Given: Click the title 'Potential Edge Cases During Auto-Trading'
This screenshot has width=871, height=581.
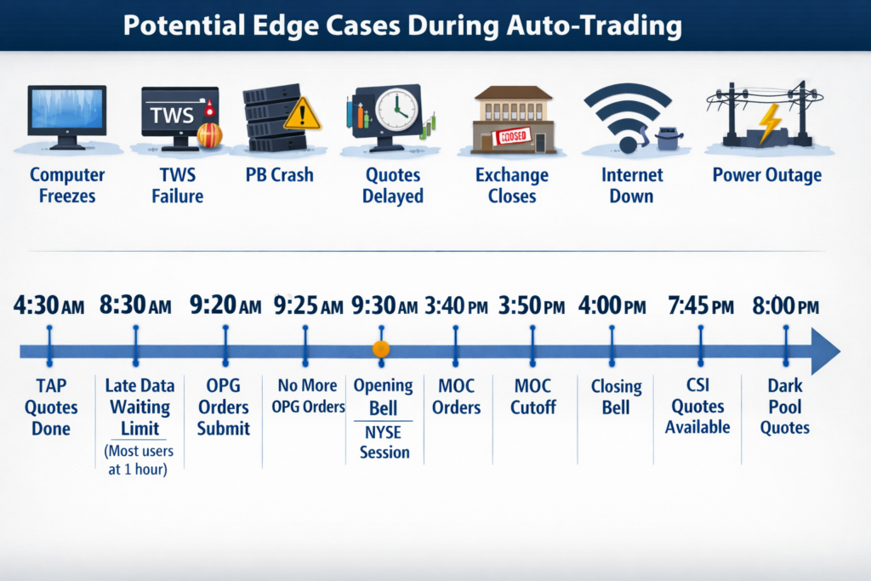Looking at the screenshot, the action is tap(402, 26).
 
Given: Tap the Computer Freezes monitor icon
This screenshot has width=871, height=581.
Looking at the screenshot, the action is tap(67, 117).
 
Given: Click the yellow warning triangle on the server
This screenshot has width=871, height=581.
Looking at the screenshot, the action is tap(302, 114).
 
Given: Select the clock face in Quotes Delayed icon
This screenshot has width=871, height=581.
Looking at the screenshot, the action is tap(396, 110).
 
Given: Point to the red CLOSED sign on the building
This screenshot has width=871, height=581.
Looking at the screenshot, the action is tap(511, 135).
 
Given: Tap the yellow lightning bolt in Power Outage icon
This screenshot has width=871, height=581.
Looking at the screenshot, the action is tap(770, 122).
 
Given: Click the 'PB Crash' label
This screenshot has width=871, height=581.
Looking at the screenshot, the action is tap(279, 175).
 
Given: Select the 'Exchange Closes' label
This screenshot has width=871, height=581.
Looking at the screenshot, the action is tap(511, 185).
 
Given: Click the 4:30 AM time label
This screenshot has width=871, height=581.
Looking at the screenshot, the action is tap(48, 305).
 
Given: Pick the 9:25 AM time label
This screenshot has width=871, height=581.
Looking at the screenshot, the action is tap(308, 305).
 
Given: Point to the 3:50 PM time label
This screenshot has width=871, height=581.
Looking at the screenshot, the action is tap(532, 305).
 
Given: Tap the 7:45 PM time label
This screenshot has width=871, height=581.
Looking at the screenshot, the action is tap(701, 305).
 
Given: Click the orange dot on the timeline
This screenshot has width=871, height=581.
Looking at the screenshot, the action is tap(381, 349).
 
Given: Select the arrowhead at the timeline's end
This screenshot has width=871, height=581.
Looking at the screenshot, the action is tap(825, 351).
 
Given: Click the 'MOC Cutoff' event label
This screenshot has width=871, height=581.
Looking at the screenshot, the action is tap(532, 396).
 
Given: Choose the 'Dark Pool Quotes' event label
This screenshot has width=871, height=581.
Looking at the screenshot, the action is tap(785, 407).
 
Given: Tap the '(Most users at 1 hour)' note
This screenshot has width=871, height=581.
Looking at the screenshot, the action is tap(139, 460).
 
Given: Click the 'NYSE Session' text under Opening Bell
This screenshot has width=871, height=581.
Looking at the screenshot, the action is tap(384, 442).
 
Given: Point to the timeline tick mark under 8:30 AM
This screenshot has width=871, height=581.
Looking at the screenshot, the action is tap(136, 346).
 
